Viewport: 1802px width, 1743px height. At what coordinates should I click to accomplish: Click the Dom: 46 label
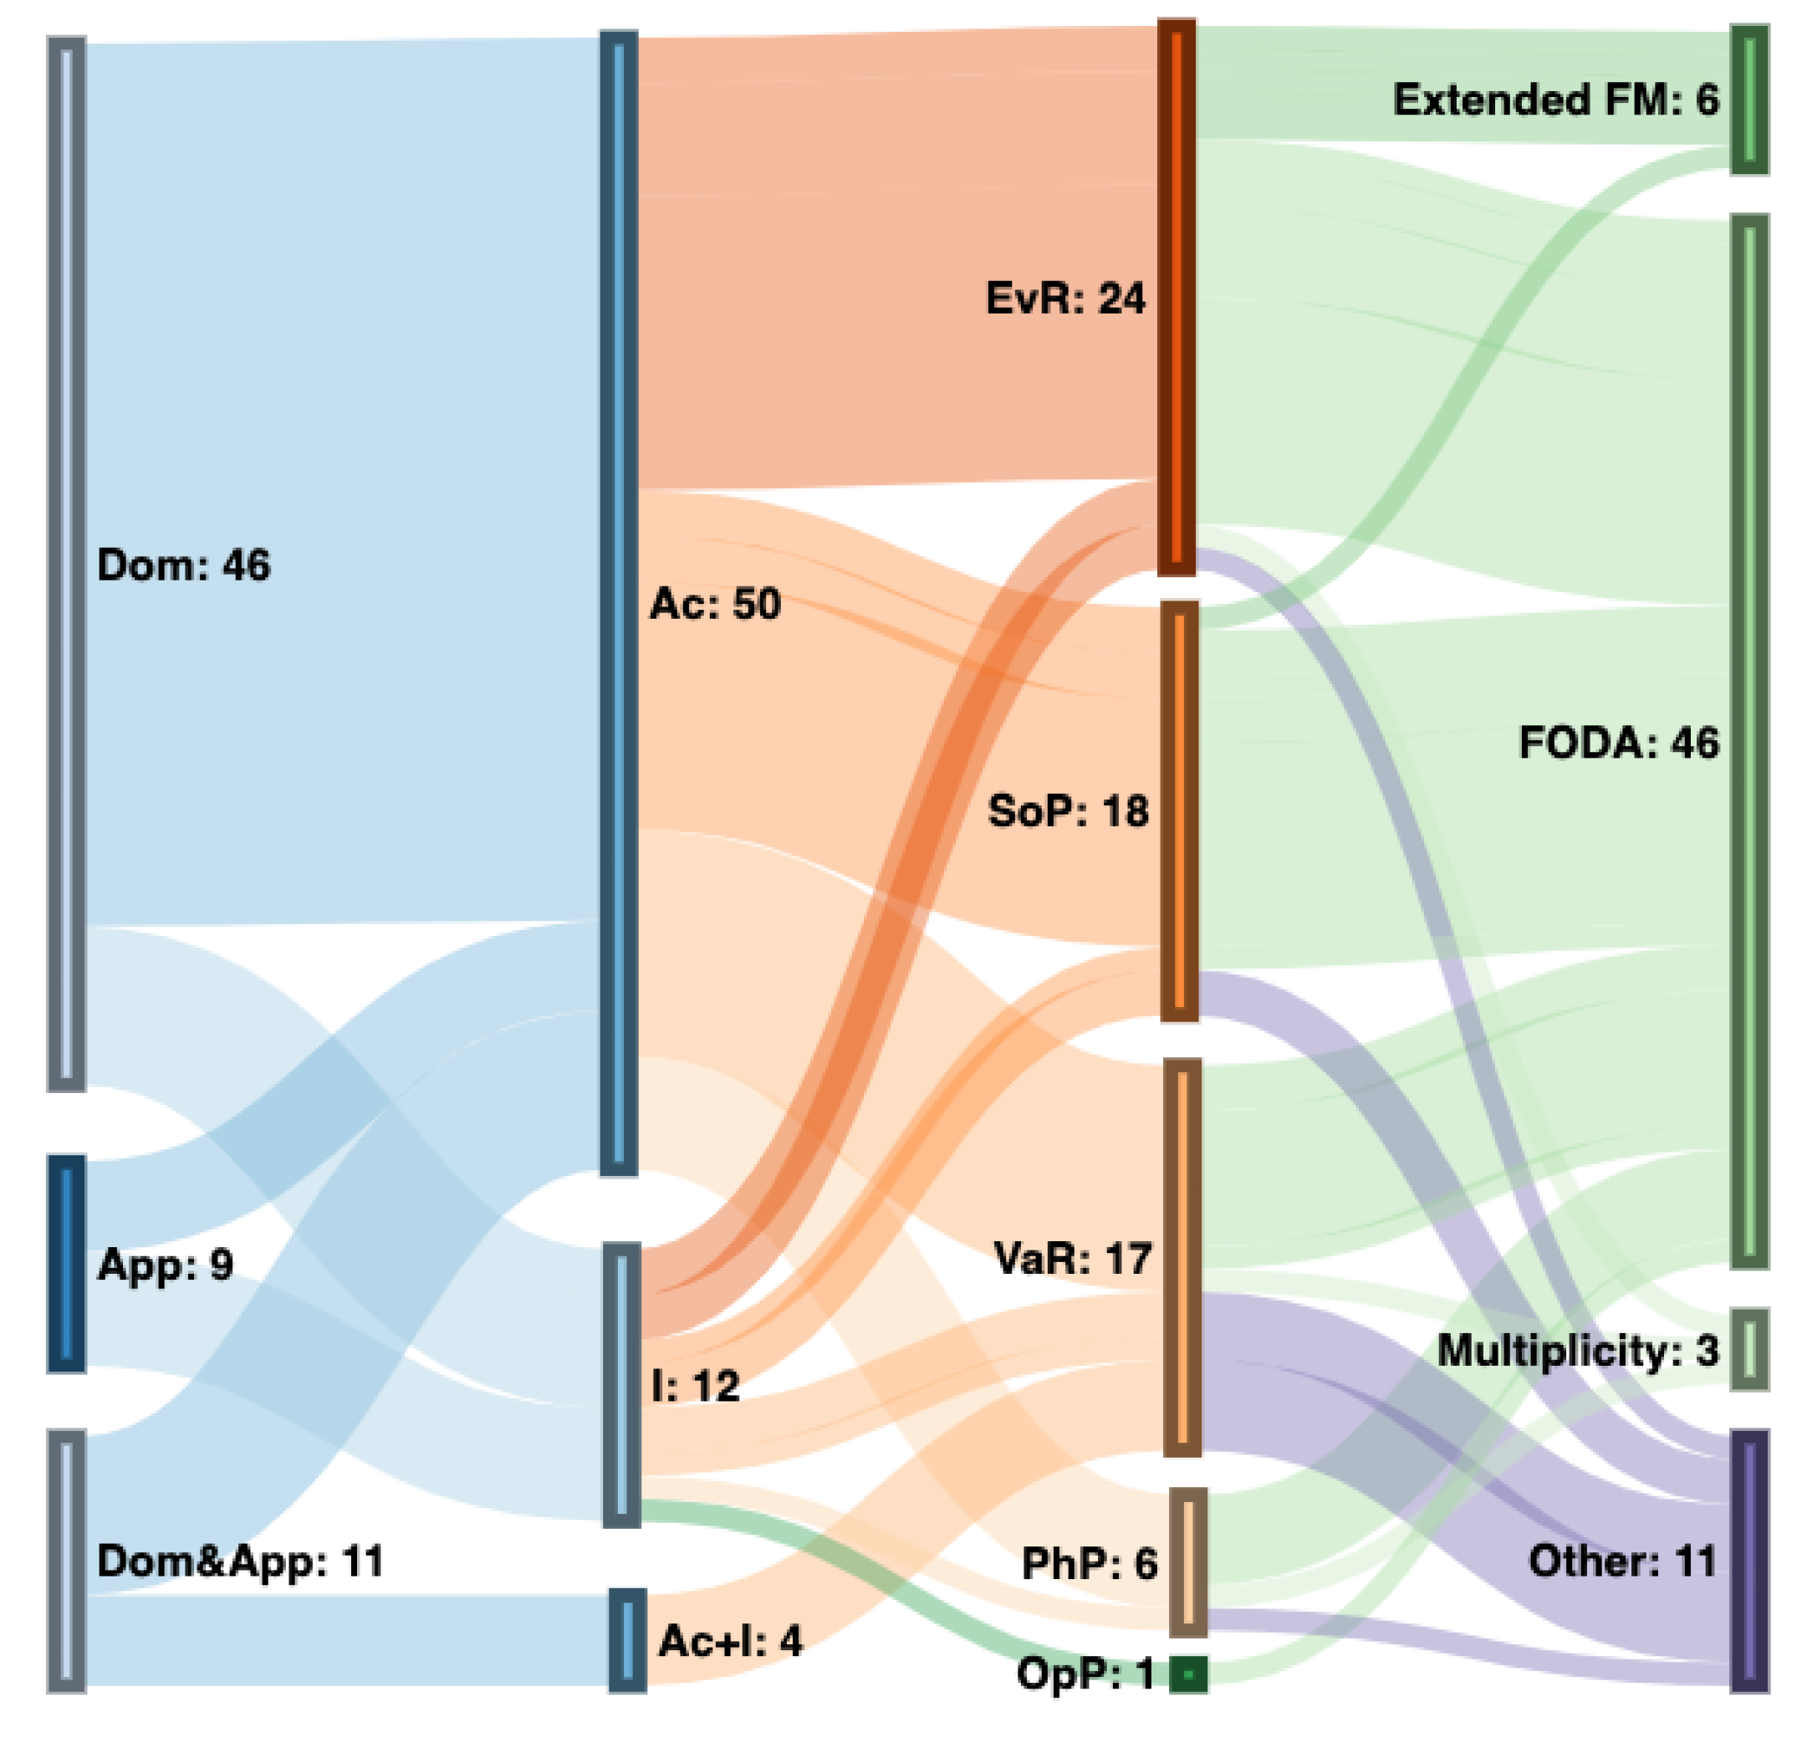[183, 565]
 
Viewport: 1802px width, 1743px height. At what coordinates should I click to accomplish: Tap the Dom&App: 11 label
[239, 1561]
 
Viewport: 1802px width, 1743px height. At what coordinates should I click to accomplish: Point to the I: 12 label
[695, 1386]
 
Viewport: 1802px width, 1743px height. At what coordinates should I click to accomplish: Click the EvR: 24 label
[1064, 299]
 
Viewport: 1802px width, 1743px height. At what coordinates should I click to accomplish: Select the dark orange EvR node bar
[1176, 297]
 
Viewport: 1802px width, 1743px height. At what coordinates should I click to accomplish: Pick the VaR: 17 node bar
[1182, 1257]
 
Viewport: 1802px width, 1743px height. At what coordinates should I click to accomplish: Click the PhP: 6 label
[1089, 1564]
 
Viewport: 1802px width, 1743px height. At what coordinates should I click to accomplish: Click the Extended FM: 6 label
[1554, 100]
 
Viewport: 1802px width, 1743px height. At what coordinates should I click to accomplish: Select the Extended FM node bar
[1748, 100]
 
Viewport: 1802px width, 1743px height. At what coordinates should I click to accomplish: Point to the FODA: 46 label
[1617, 742]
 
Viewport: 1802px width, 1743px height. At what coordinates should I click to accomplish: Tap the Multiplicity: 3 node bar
[1748, 1350]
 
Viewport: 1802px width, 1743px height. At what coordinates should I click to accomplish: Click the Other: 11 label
[1622, 1561]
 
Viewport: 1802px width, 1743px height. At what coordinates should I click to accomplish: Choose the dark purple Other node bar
[1748, 1561]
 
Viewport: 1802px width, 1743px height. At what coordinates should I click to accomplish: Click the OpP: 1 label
[1085, 1674]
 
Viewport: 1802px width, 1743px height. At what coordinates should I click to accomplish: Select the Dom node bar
[66, 565]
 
